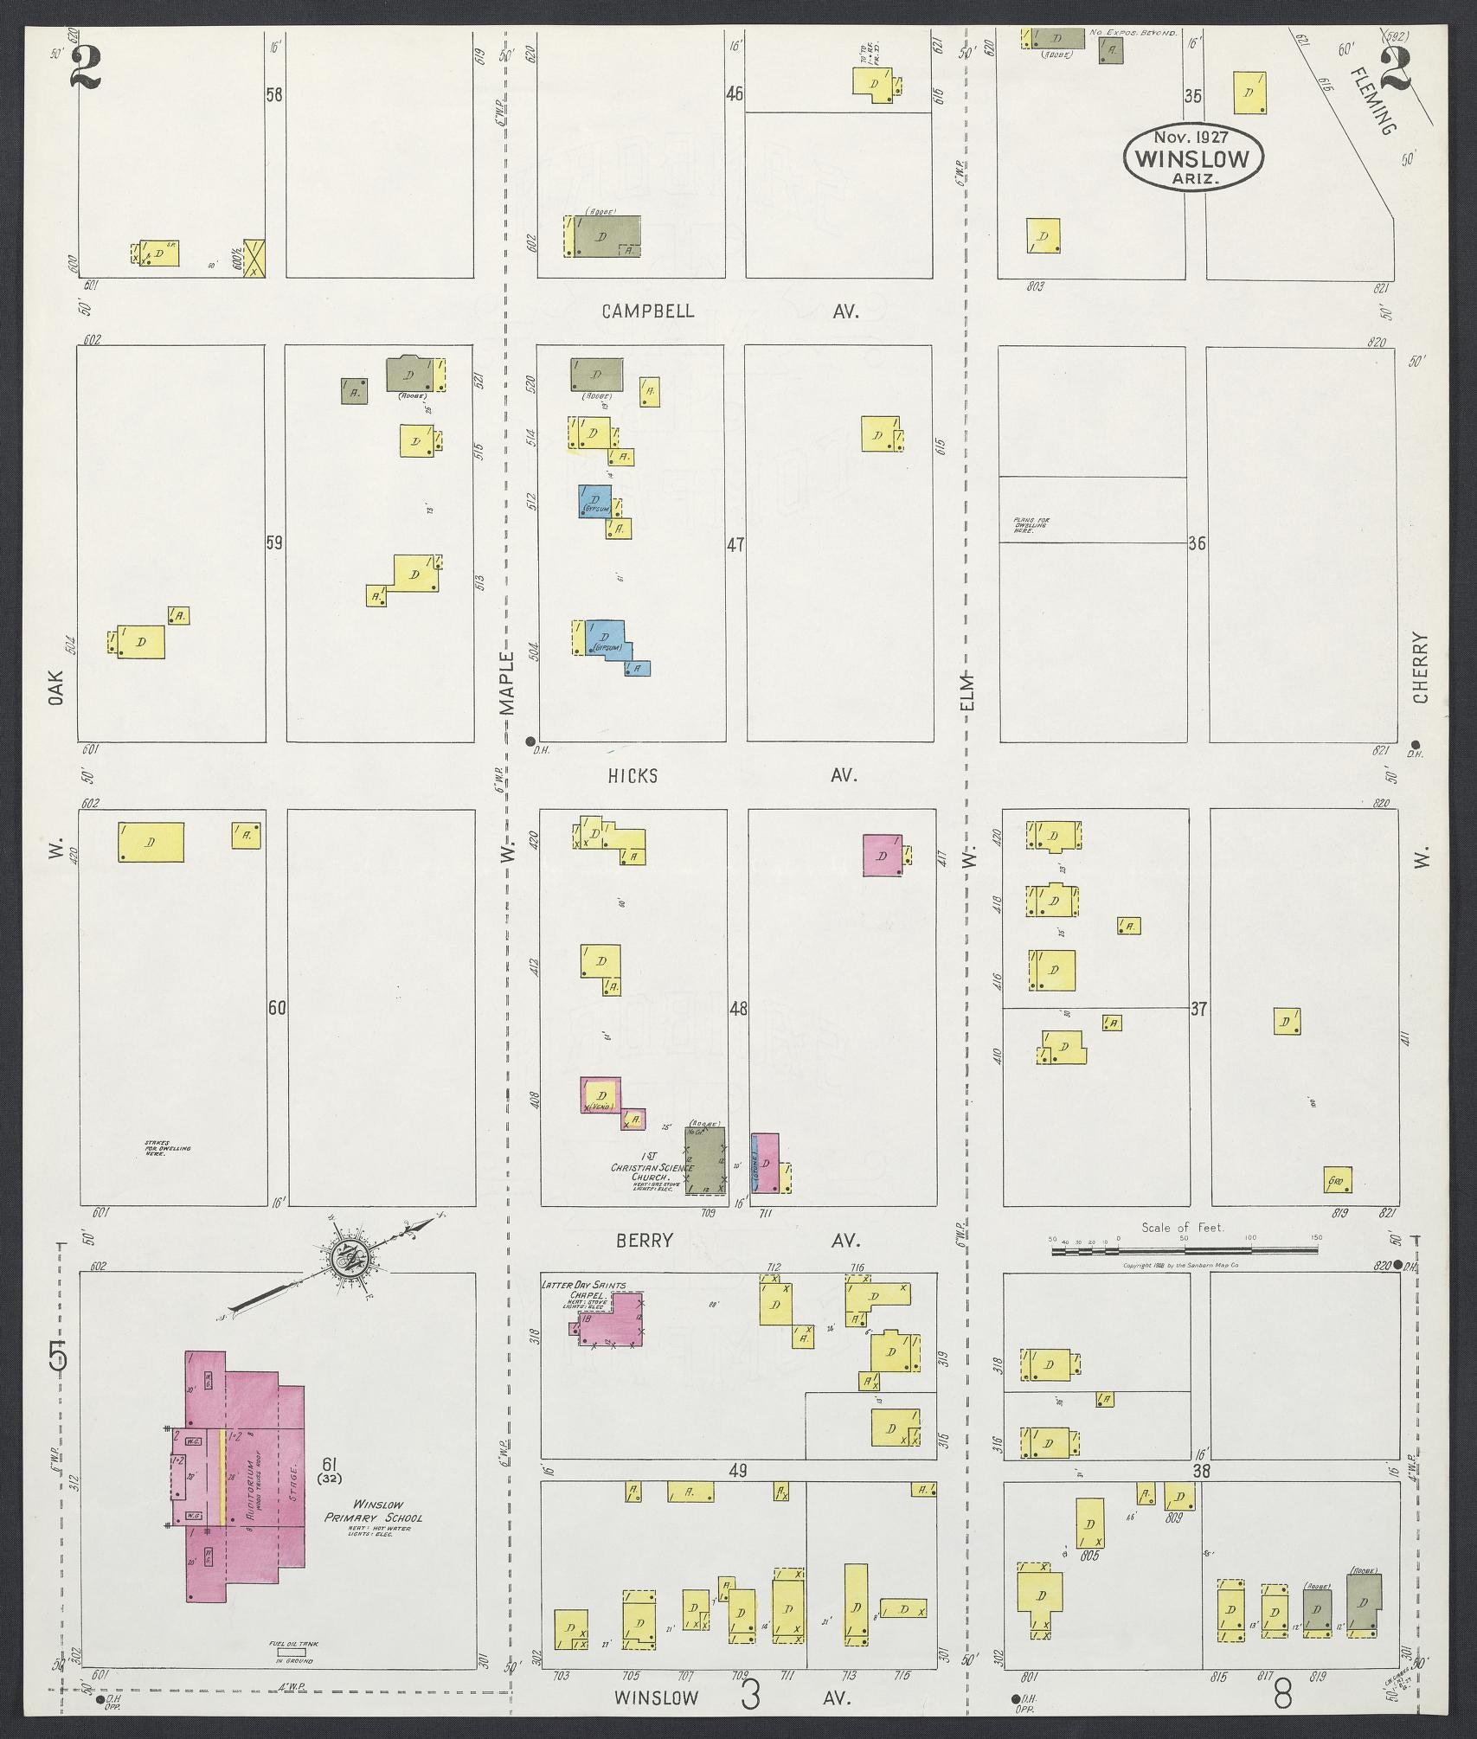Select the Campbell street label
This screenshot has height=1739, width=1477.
tap(648, 311)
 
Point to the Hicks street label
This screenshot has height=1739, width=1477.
tap(633, 776)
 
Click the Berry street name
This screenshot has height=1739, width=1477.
tap(644, 1241)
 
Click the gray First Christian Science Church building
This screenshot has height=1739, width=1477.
tap(705, 1160)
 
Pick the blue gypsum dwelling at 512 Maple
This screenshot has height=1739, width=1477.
tap(594, 501)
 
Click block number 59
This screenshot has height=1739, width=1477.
tap(274, 543)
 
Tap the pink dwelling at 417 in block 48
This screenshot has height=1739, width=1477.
tap(882, 855)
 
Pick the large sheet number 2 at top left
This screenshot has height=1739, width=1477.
tap(87, 67)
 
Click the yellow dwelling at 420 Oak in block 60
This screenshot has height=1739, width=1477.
tap(151, 842)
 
